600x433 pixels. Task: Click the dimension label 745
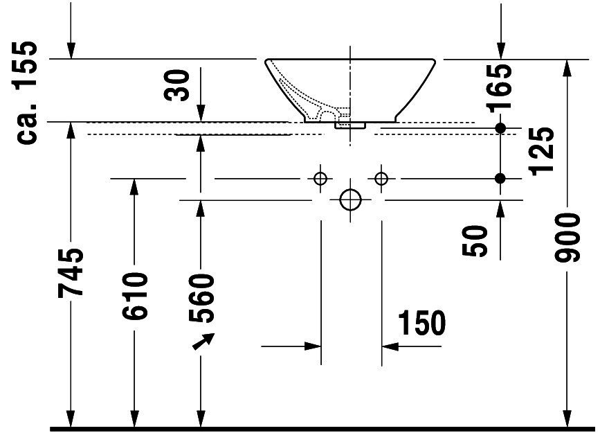pos(71,273)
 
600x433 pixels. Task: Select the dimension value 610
pos(135,296)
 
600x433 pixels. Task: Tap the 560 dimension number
pos(201,298)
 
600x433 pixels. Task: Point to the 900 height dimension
pos(567,238)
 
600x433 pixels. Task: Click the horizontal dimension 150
pos(421,322)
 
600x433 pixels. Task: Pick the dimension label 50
pos(475,240)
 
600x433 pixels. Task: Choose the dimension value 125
pos(541,151)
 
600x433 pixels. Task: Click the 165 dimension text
pos(500,88)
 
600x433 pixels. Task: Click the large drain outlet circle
pos(350,200)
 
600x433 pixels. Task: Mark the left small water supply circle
pos(320,179)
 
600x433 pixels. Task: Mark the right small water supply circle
pos(381,179)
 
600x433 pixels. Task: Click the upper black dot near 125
pos(500,128)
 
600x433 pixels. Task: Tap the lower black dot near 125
pos(500,178)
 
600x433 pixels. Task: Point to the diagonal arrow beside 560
pos(203,341)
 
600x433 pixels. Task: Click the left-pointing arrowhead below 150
pos(390,346)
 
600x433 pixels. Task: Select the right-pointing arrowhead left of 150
pos(313,346)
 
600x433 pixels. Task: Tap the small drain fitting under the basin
pos(350,125)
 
